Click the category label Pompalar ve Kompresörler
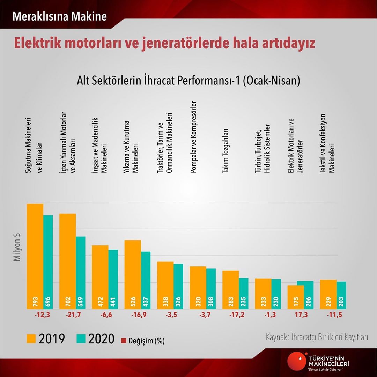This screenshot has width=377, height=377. pos(194,138)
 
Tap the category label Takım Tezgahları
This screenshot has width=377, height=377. pos(226,151)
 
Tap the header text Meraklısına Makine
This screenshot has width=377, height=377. pos(59,16)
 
